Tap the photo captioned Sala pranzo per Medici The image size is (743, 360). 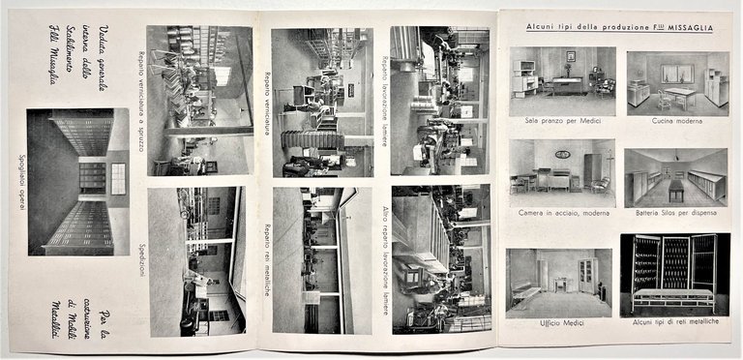562,81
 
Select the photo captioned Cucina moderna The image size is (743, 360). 676,81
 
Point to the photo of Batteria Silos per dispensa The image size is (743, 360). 676,177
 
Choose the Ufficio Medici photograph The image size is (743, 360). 559,283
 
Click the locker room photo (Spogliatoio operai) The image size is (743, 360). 77,181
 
